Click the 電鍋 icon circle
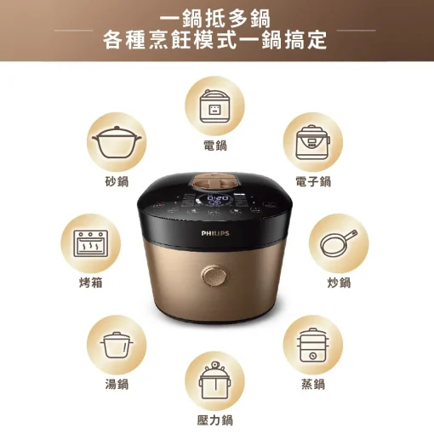pos(215,106)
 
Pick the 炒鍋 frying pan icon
pos(338,243)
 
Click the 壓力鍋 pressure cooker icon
pos(215,384)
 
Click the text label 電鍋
pos(215,146)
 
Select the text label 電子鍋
pos(312,183)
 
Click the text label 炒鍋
pos(338,283)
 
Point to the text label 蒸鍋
pos(312,385)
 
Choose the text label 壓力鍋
pos(215,421)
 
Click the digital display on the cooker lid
pos(216,204)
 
